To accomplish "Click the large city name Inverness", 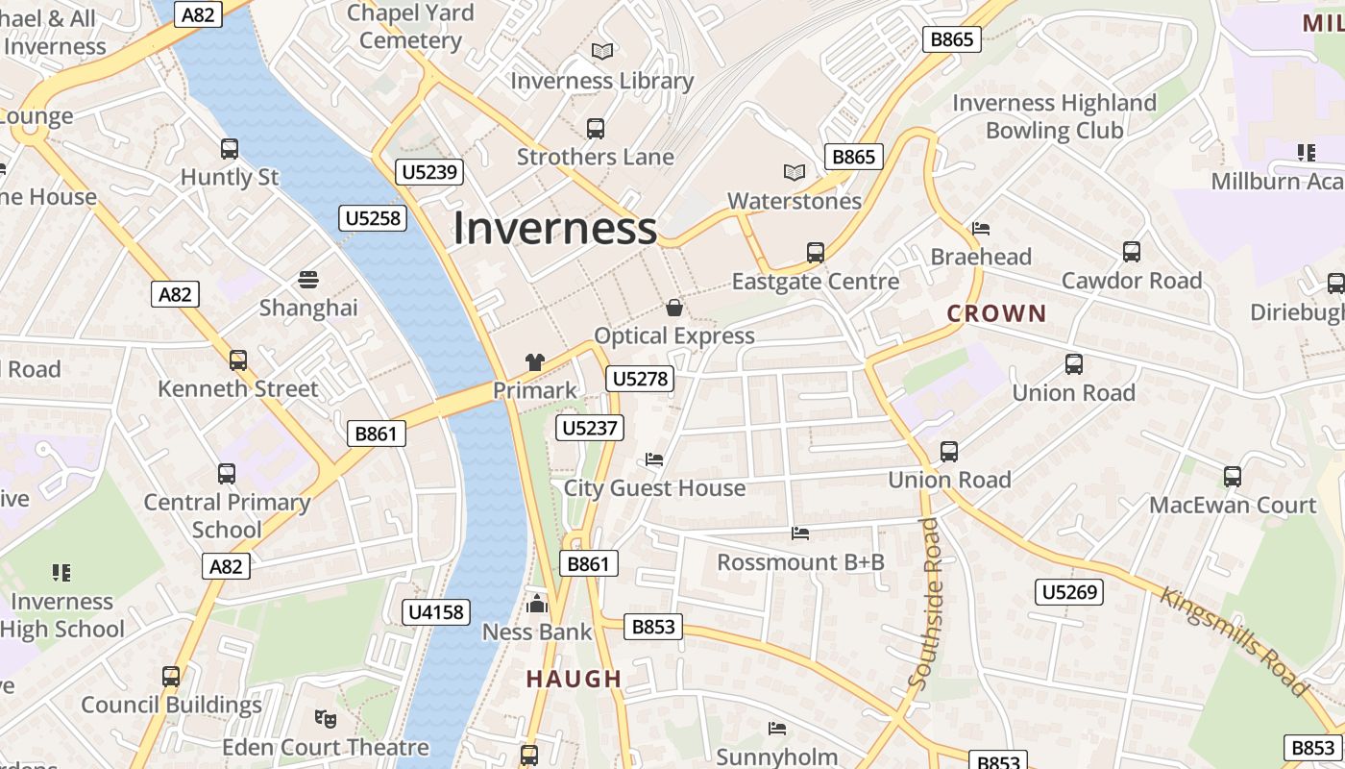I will pos(554,229).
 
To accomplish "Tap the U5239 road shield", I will pos(429,173).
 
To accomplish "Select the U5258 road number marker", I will pos(373,218).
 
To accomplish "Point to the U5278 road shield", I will pos(640,379).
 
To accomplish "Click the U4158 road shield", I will pos(436,612).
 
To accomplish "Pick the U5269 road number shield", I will pos(1069,592).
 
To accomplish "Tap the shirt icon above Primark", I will pos(535,362).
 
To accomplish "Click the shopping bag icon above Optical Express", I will pos(674,308).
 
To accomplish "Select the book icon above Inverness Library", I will pos(602,52).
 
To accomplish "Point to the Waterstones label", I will pos(795,201).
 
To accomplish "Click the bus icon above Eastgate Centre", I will pos(816,253).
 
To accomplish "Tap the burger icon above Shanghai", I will pos(308,280).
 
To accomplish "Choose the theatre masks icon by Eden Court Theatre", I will pos(326,718).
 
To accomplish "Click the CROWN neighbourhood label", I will pos(996,313).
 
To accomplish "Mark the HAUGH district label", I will pos(574,680).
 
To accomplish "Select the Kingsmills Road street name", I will pos(1235,640).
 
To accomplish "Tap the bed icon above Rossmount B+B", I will pos(800,533).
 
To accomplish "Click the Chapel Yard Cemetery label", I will pos(410,27).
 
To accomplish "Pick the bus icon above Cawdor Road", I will pos(1132,252).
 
